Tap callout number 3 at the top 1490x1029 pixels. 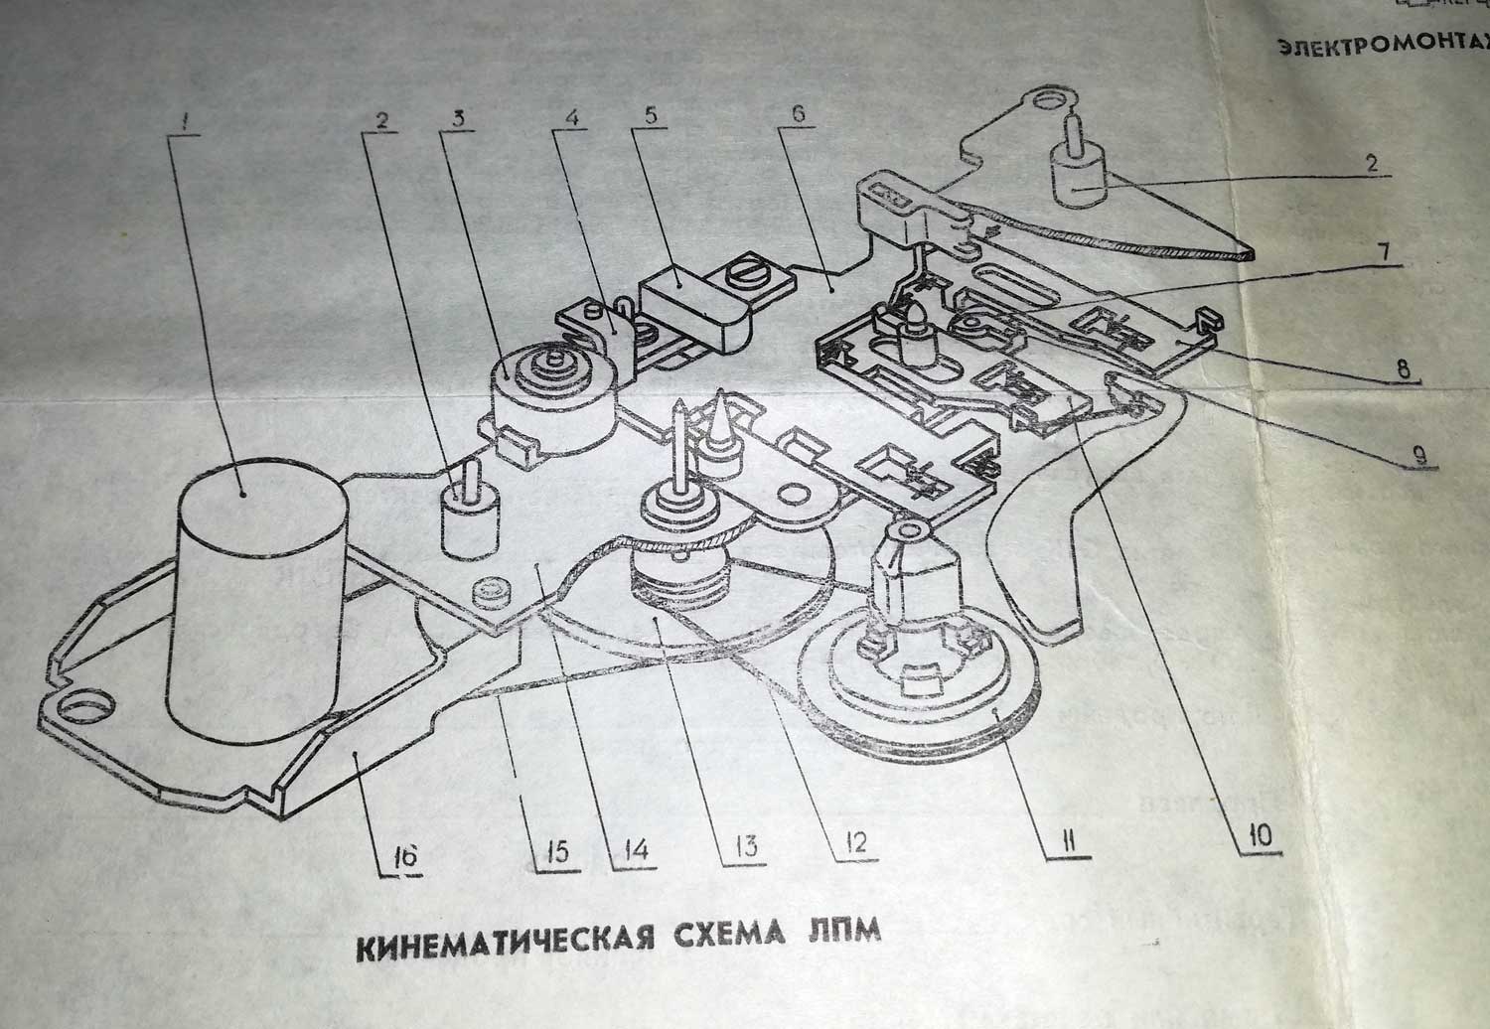click(x=458, y=114)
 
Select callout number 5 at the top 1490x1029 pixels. click(x=650, y=113)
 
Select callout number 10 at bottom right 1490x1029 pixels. click(x=1261, y=835)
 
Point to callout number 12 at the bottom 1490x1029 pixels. click(x=855, y=843)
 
